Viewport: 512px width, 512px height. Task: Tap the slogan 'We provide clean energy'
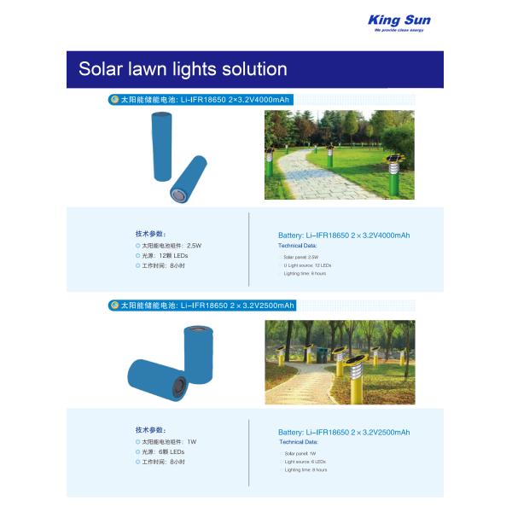(x=399, y=30)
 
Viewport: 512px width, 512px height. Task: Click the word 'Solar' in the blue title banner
(x=101, y=69)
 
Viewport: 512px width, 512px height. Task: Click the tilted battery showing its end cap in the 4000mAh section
(x=189, y=180)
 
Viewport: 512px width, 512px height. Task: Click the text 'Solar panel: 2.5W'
(x=300, y=256)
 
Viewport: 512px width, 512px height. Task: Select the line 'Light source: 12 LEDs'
(x=307, y=265)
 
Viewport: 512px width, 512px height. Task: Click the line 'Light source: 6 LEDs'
(x=305, y=462)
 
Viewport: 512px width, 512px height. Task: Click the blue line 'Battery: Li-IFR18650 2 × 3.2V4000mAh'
(x=343, y=236)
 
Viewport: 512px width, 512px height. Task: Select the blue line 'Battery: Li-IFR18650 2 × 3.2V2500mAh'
(x=343, y=433)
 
